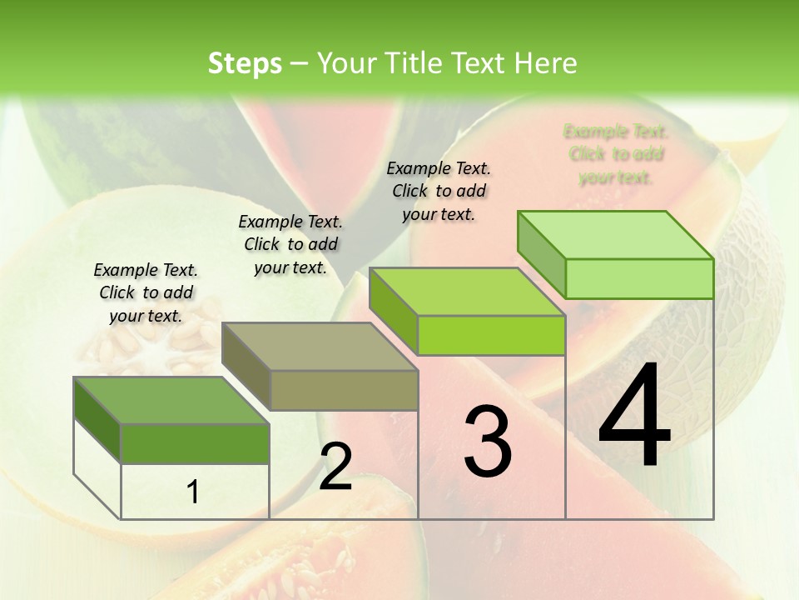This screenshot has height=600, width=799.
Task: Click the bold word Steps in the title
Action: point(245,63)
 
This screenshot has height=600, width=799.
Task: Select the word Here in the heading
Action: point(546,63)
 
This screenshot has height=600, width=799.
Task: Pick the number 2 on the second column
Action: point(335,467)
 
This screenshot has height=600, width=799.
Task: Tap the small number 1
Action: point(193,492)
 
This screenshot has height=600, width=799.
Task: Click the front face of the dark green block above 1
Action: point(195,443)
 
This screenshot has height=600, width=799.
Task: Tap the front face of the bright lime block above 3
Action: point(491,335)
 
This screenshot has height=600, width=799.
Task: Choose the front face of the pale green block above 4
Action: point(639,278)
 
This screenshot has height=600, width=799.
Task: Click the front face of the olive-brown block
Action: point(344,390)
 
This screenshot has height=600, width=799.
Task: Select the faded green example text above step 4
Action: point(616,154)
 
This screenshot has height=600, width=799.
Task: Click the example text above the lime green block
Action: point(439,191)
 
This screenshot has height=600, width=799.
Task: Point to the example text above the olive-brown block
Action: point(290,244)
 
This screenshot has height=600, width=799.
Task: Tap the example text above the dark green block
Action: point(146,292)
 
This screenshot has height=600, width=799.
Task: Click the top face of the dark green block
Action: point(171,400)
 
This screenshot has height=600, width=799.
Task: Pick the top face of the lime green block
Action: point(466,292)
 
